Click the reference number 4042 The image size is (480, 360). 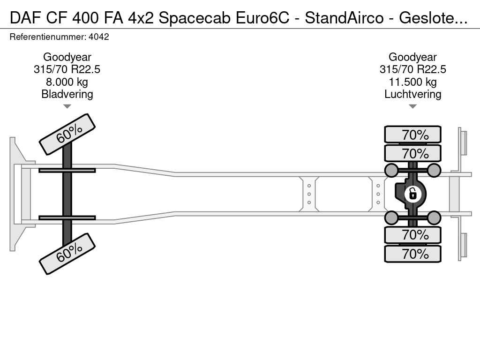tap(98, 37)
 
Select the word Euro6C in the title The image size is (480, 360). tap(262, 18)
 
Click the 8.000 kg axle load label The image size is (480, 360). tap(67, 82)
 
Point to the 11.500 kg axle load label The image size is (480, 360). tap(412, 82)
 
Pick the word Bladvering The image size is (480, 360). tap(67, 94)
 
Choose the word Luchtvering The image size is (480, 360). tap(412, 94)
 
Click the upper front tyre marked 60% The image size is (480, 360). tap(67, 135)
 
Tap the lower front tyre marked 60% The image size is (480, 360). tap(67, 254)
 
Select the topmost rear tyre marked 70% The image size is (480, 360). tap(412, 135)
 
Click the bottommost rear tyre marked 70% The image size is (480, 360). tap(412, 254)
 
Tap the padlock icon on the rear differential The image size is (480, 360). tap(412, 194)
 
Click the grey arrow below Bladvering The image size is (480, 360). tap(67, 106)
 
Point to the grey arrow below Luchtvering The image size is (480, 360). tap(412, 106)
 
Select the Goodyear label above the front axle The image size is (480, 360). tap(67, 57)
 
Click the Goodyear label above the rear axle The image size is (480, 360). tap(412, 57)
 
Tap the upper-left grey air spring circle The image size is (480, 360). tap(391, 170)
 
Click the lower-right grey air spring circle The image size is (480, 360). tap(434, 217)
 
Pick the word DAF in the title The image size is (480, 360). tap(25, 18)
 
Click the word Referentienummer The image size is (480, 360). tap(48, 37)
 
